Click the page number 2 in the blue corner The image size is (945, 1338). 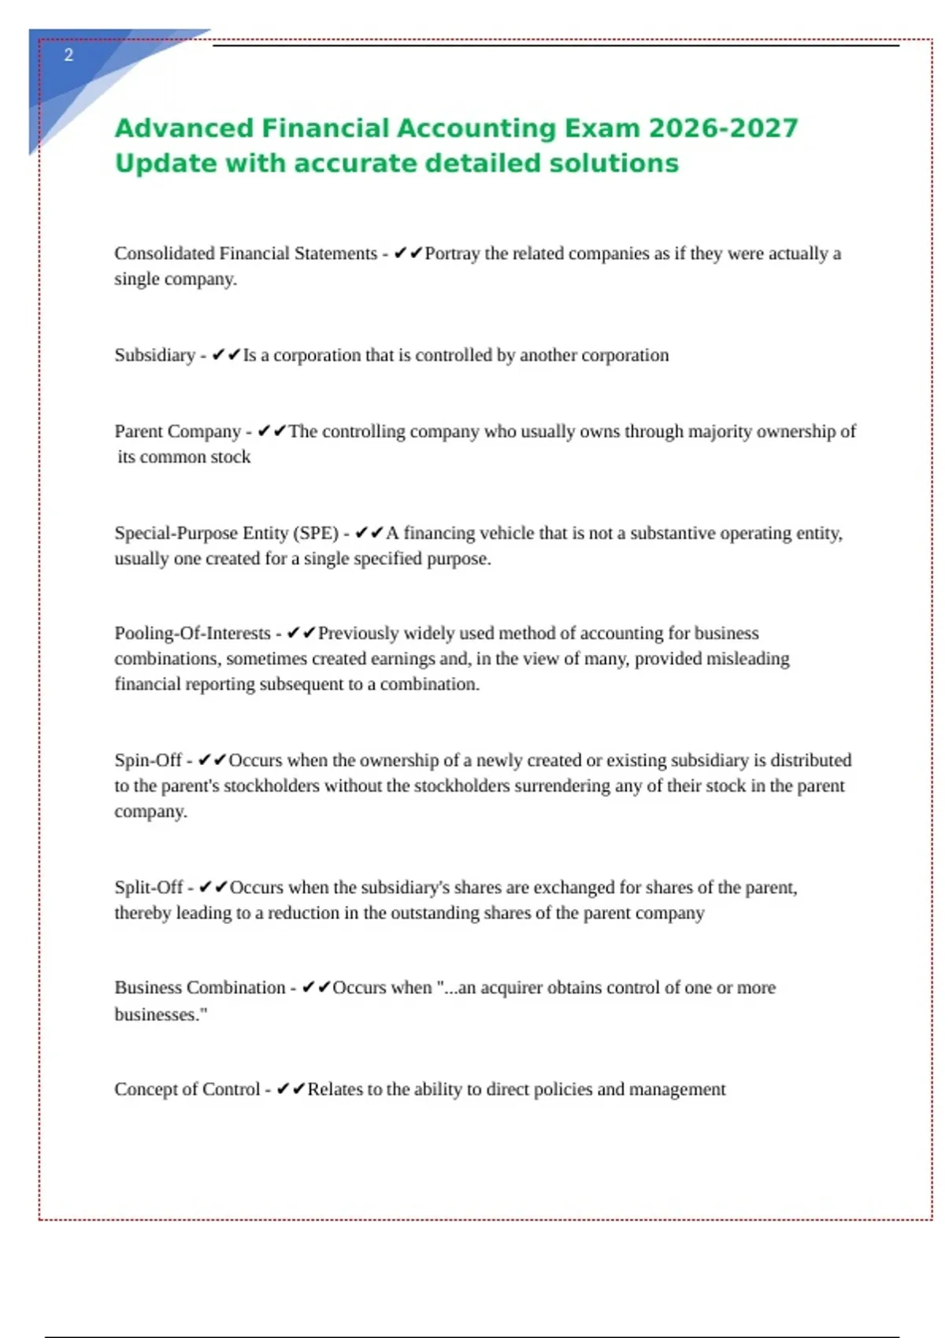click(69, 55)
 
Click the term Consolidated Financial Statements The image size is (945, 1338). click(246, 253)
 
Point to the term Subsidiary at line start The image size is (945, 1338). click(154, 355)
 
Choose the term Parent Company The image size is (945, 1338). click(177, 431)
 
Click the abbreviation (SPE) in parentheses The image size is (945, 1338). click(316, 533)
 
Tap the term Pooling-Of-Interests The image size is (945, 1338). click(192, 633)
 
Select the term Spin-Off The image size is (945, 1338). click(148, 760)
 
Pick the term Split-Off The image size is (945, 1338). click(149, 887)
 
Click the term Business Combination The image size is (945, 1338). click(200, 988)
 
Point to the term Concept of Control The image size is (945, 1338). click(187, 1089)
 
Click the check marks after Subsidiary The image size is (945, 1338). click(226, 355)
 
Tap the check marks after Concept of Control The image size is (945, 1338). click(291, 1089)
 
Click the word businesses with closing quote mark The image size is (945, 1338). click(161, 1015)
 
